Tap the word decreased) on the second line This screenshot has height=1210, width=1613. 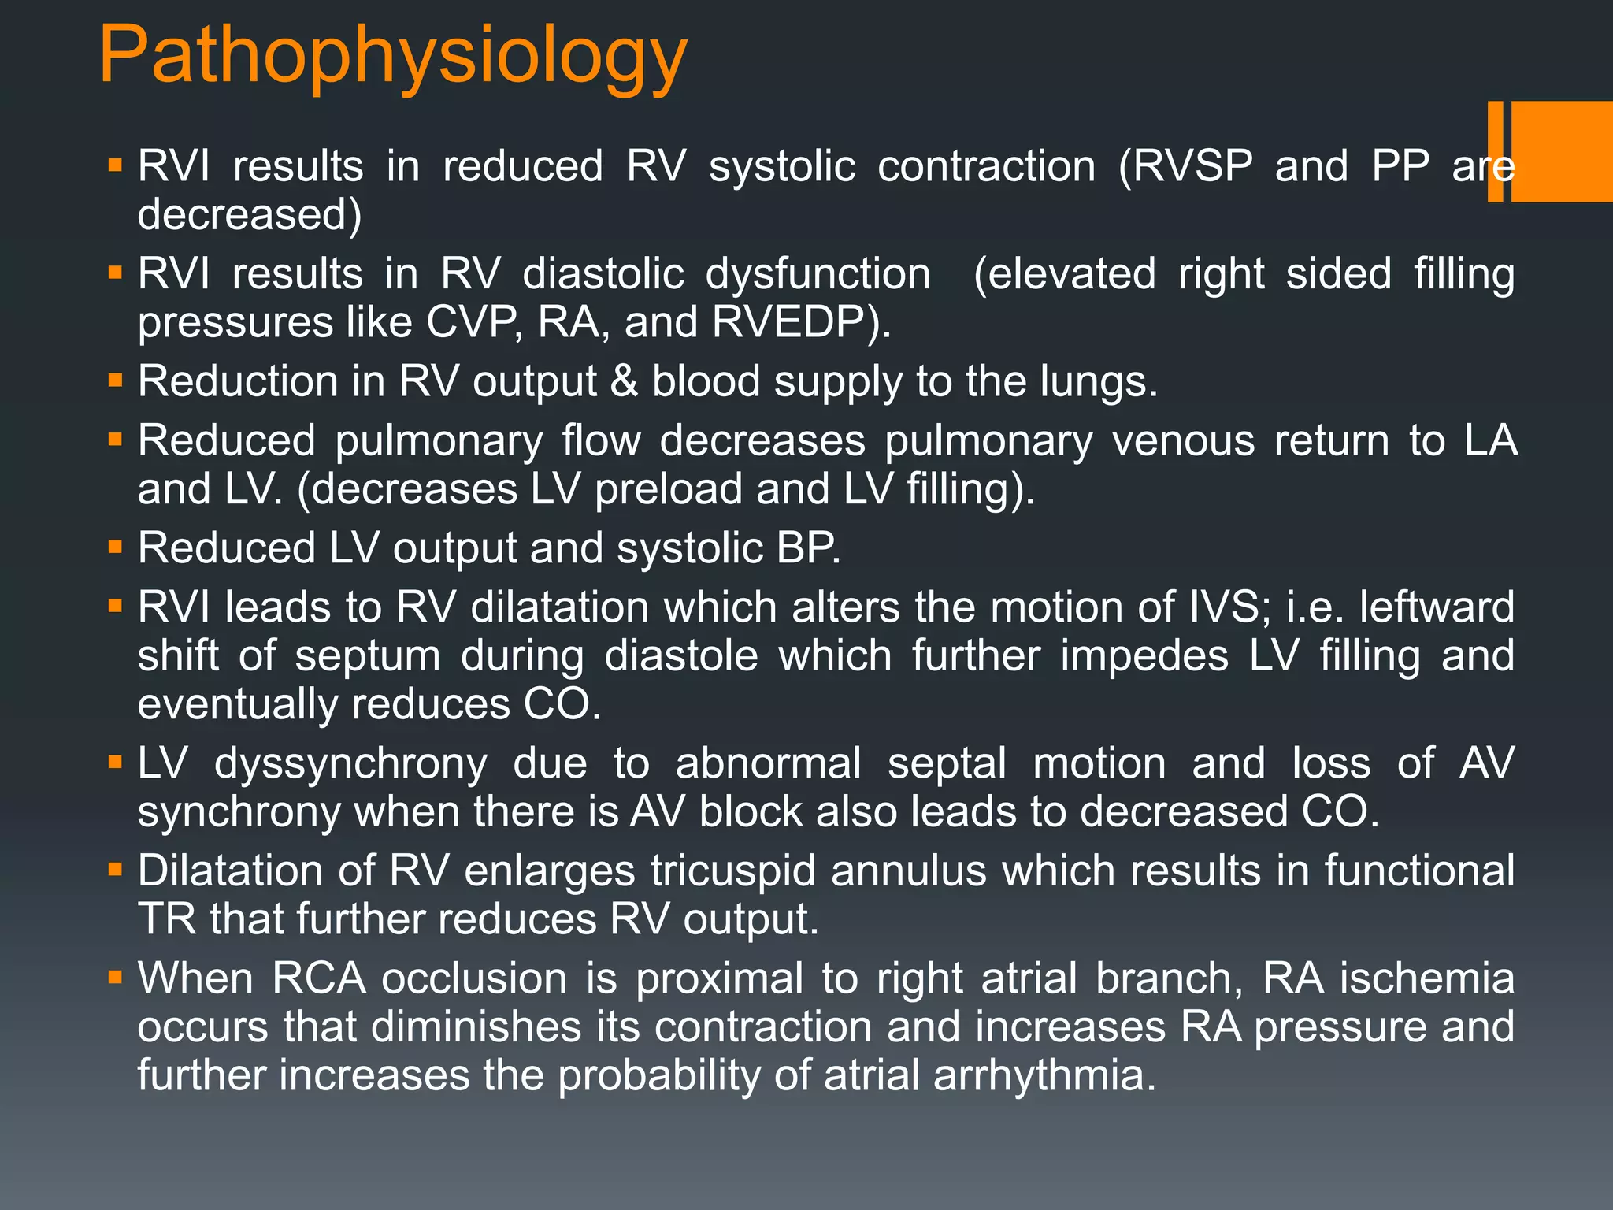click(x=250, y=215)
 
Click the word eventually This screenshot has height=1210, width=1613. click(x=237, y=705)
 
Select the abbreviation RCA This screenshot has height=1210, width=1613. click(x=318, y=979)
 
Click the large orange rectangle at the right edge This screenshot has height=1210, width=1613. click(x=1561, y=151)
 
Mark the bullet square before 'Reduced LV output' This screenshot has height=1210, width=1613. click(x=116, y=547)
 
